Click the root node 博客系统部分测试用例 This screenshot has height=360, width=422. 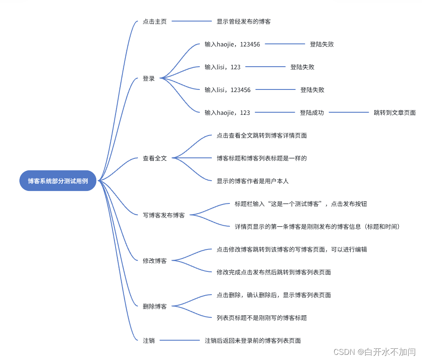point(58,181)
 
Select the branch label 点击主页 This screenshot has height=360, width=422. point(154,22)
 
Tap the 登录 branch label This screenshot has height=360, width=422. point(149,79)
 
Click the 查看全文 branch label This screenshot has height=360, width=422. point(155,158)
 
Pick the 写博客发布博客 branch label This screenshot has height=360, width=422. point(164,215)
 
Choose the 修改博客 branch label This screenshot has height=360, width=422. point(155,261)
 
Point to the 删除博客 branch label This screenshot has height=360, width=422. point(155,306)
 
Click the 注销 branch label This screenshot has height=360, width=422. point(149,340)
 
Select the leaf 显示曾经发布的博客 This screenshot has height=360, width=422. point(244,22)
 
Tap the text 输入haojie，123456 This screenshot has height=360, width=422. point(232,44)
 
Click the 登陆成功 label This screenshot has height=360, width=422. point(312,113)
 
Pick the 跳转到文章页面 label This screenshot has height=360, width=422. point(394,113)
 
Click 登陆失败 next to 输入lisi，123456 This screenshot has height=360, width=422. point(312,90)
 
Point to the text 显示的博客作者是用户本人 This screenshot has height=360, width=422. point(253,181)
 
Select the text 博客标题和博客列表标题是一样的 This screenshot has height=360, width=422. point(262,158)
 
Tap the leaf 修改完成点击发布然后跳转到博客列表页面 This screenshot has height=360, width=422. point(274,272)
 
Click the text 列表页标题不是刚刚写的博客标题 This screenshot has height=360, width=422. point(262,318)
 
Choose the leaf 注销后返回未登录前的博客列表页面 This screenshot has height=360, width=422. point(253,341)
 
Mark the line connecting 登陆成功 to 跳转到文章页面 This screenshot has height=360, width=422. point(349,113)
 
